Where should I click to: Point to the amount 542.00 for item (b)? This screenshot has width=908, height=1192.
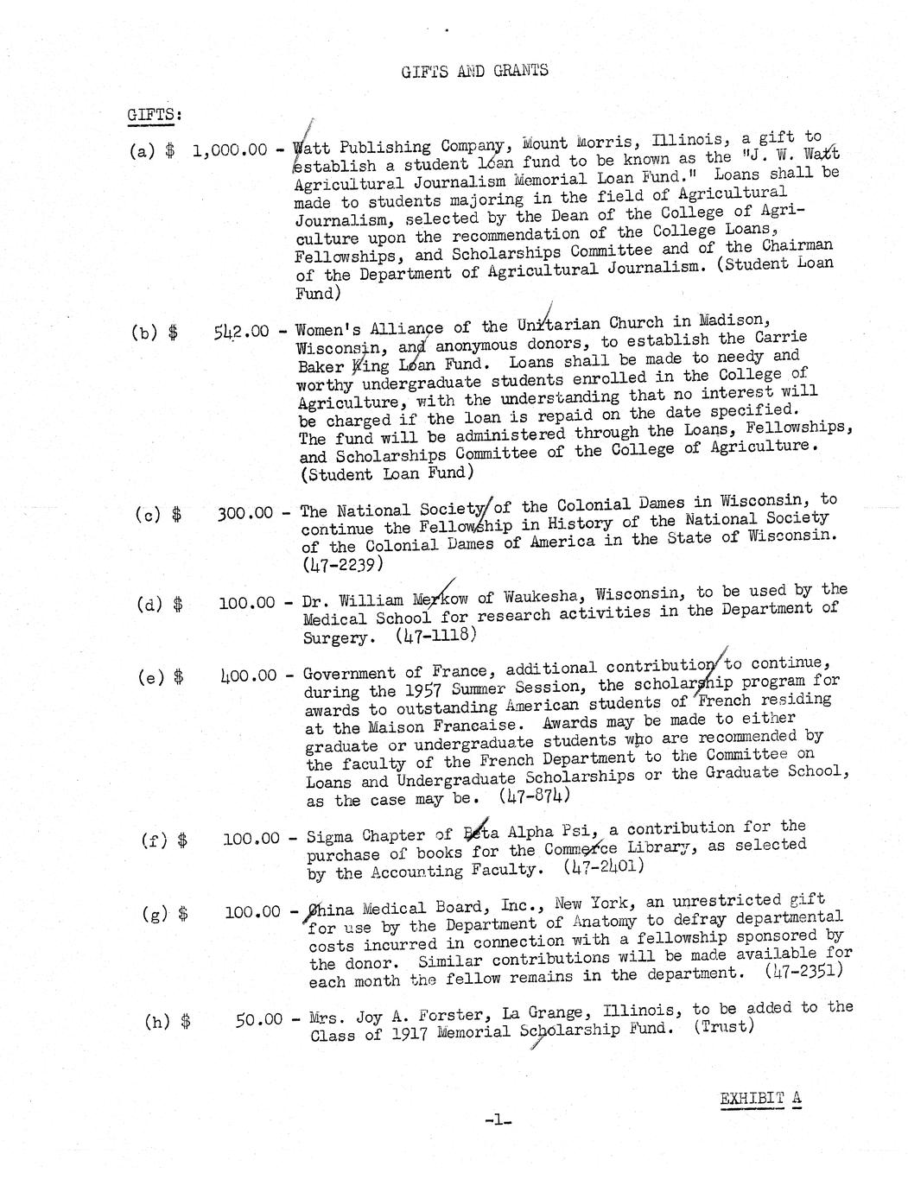(x=241, y=331)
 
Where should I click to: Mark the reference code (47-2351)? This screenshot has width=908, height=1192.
(x=804, y=971)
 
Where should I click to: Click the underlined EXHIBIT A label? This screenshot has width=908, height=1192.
(x=760, y=1099)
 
